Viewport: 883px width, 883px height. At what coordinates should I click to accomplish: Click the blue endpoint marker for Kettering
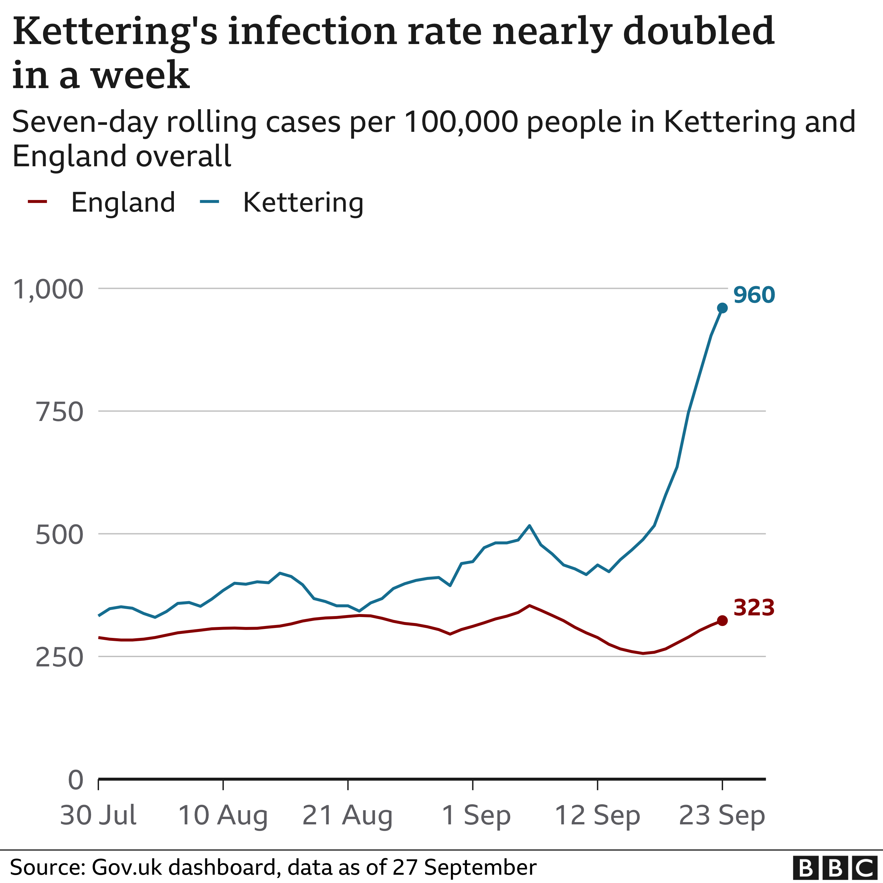(722, 308)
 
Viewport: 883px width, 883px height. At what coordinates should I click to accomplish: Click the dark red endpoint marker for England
(722, 620)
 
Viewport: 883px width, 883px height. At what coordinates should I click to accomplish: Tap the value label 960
(754, 295)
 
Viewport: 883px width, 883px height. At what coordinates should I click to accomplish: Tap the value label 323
(754, 607)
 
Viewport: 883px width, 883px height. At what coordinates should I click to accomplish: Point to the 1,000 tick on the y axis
(48, 289)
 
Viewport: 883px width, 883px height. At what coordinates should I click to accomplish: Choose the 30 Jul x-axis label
(98, 815)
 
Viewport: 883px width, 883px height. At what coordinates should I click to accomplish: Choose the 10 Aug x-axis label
(223, 815)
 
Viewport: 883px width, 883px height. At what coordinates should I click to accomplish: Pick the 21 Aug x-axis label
(347, 815)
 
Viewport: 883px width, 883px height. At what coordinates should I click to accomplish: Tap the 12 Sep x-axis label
(597, 815)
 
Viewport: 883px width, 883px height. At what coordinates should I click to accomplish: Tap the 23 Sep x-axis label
(722, 815)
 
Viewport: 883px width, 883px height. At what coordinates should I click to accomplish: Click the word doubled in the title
(699, 31)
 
